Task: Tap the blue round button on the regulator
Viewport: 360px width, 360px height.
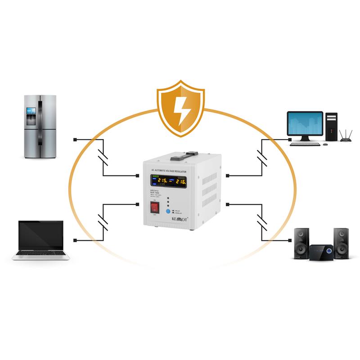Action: click(168, 211)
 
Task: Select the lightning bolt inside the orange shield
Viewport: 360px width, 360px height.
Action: click(181, 109)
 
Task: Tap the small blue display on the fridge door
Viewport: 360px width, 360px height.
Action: click(31, 110)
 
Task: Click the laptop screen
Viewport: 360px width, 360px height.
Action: click(40, 235)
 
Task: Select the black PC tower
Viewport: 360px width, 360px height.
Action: click(332, 126)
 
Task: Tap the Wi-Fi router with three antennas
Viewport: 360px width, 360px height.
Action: click(346, 137)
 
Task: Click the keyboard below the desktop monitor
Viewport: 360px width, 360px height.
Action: click(305, 144)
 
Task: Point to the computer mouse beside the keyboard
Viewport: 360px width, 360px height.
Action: click(325, 144)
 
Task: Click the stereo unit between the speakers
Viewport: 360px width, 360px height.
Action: click(321, 251)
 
